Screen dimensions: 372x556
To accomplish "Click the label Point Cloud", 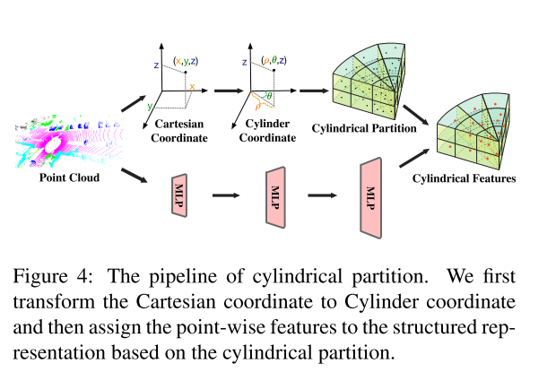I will (70, 177).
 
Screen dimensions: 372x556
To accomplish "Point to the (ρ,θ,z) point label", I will (272, 59).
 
